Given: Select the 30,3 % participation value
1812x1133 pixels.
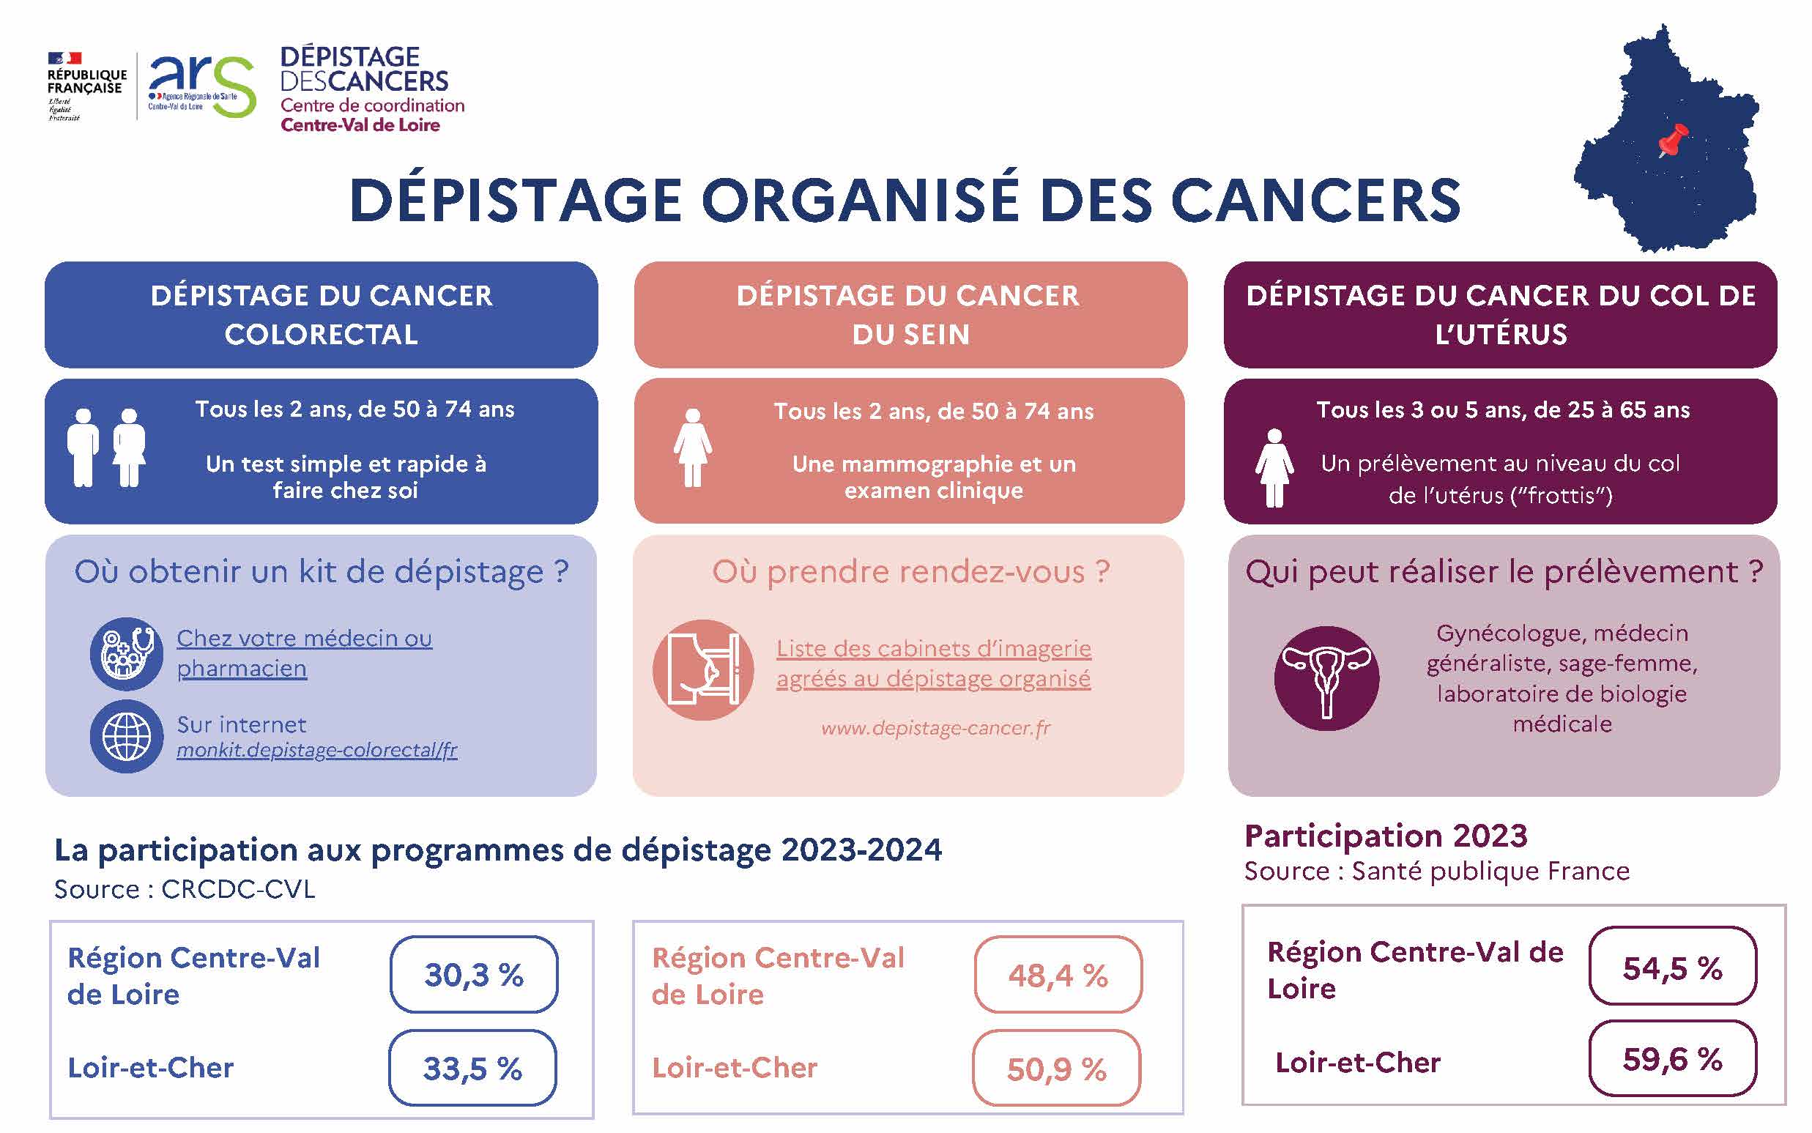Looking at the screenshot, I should [474, 974].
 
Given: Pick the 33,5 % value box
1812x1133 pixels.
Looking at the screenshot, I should [472, 1068].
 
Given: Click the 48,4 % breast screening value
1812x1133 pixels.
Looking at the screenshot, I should [1058, 975].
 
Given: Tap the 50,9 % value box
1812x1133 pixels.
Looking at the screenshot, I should [1056, 1069].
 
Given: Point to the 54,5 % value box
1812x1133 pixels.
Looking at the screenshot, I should [1672, 967].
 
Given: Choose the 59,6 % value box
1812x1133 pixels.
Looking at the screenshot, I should [1672, 1059].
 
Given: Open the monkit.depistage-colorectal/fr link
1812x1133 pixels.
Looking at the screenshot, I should [316, 750].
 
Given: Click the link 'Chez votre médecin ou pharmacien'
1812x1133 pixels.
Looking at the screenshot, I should [303, 653].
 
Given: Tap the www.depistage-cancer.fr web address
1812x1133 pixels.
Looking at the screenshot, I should [935, 728].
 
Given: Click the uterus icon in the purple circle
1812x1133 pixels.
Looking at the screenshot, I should [1326, 678].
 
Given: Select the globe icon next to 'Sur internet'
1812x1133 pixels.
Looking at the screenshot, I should [126, 736].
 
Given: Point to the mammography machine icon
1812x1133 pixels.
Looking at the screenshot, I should [703, 670].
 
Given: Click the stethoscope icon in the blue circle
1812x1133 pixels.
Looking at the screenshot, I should [126, 653].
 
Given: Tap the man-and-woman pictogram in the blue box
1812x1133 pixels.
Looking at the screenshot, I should [106, 447].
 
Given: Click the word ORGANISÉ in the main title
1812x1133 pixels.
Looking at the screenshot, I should [860, 201].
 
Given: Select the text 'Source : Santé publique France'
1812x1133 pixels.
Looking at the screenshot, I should [1436, 872].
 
